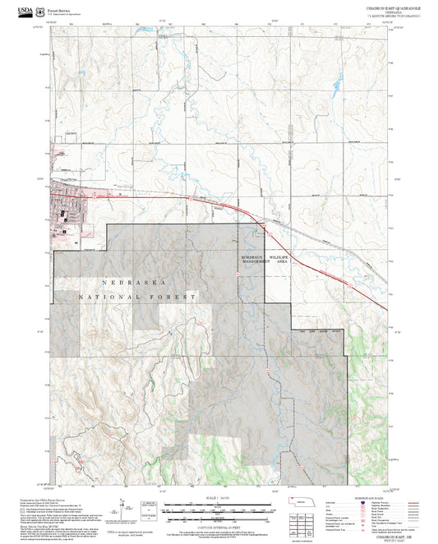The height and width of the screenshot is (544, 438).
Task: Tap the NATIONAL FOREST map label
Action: pyautogui.click(x=137, y=295)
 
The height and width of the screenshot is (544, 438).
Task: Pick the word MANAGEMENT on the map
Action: pyautogui.click(x=255, y=260)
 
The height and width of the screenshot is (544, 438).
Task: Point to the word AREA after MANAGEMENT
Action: pyautogui.click(x=282, y=260)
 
